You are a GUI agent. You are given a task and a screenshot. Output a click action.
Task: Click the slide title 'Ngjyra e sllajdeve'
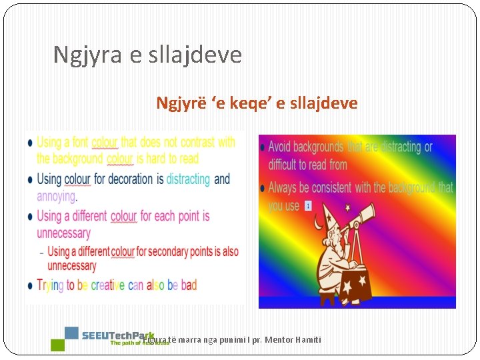(x=147, y=55)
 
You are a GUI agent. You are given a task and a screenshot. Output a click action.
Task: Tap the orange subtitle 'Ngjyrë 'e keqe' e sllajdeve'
(x=257, y=103)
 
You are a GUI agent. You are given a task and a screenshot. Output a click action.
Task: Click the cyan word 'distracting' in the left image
(x=188, y=179)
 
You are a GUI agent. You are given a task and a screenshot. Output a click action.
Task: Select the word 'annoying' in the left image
(x=56, y=196)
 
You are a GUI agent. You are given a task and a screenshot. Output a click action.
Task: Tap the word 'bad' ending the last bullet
(x=189, y=285)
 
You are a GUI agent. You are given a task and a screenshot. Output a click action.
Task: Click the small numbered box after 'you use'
(x=308, y=206)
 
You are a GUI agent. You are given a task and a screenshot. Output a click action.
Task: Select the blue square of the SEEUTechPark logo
(x=71, y=333)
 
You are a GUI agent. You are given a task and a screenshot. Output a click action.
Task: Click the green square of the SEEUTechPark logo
(x=58, y=345)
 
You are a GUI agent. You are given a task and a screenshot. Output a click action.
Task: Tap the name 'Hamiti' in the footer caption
(x=306, y=340)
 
